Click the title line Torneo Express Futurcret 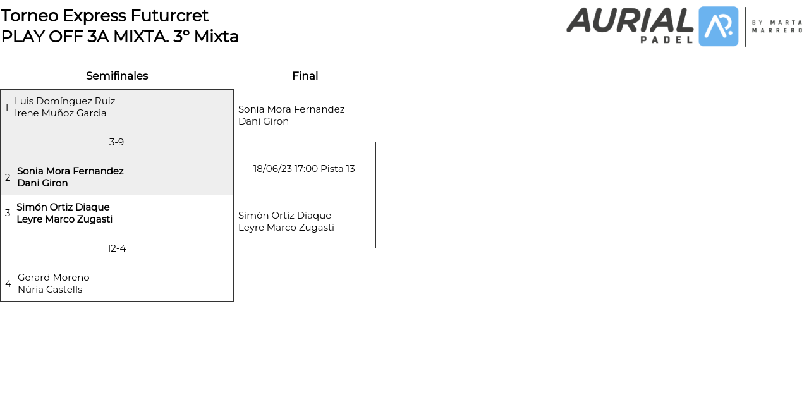105,15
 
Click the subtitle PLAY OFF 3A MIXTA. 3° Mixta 120,37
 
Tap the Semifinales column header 117,76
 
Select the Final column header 305,76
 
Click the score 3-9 116,142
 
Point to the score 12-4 116,248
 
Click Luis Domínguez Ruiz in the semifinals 64,101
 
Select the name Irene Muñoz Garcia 61,113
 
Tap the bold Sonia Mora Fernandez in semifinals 70,171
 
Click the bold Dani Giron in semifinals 42,183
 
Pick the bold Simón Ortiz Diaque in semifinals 63,207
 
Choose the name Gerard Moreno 54,278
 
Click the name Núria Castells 50,290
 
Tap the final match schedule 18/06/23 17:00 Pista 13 304,169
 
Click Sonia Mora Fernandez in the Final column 291,109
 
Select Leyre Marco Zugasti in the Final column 286,228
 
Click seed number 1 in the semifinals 7,107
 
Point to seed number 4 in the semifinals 8,284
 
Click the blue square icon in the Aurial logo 719,27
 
